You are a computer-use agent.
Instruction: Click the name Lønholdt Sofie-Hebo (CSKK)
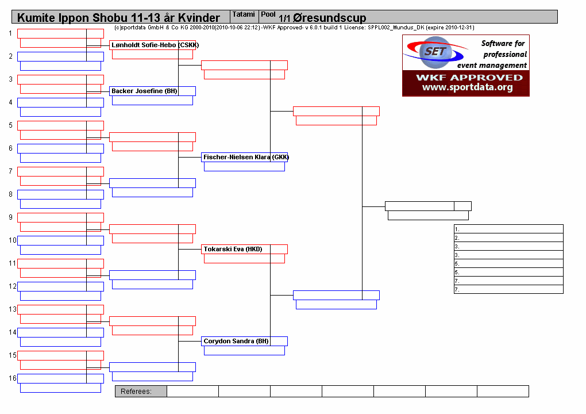pos(155,45)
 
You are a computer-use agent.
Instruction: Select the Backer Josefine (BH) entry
pos(144,91)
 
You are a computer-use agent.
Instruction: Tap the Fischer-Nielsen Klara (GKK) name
pos(246,158)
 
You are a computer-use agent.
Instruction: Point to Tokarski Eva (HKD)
pos(233,249)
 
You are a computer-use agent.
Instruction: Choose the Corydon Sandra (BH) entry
pos(236,341)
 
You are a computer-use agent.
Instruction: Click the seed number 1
pos(10,33)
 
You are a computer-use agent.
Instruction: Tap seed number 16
pos(12,378)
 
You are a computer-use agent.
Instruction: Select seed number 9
pos(10,217)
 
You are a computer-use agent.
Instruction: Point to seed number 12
pos(12,286)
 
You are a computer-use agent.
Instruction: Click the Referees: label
pos(136,392)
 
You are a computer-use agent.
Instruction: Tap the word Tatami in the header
pos(243,14)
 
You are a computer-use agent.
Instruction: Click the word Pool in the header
pos(268,14)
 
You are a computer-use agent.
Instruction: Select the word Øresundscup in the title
pos(329,18)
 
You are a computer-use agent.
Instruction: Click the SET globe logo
pos(435,52)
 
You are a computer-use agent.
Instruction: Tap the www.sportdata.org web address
pos(467,87)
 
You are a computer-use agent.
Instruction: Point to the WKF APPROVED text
pos(469,78)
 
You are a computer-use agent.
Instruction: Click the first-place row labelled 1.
pos(508,229)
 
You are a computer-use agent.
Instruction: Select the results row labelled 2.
pos(508,237)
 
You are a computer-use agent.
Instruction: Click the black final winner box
pos(428,206)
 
